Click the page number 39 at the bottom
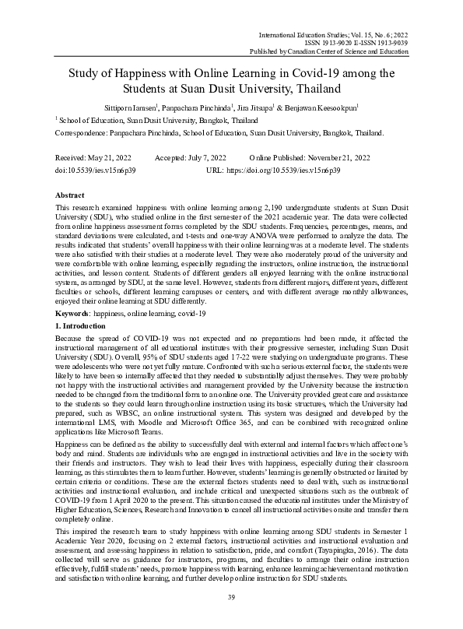[x=231, y=596]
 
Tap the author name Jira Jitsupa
[x=299, y=106]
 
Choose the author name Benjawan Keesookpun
[x=359, y=106]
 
